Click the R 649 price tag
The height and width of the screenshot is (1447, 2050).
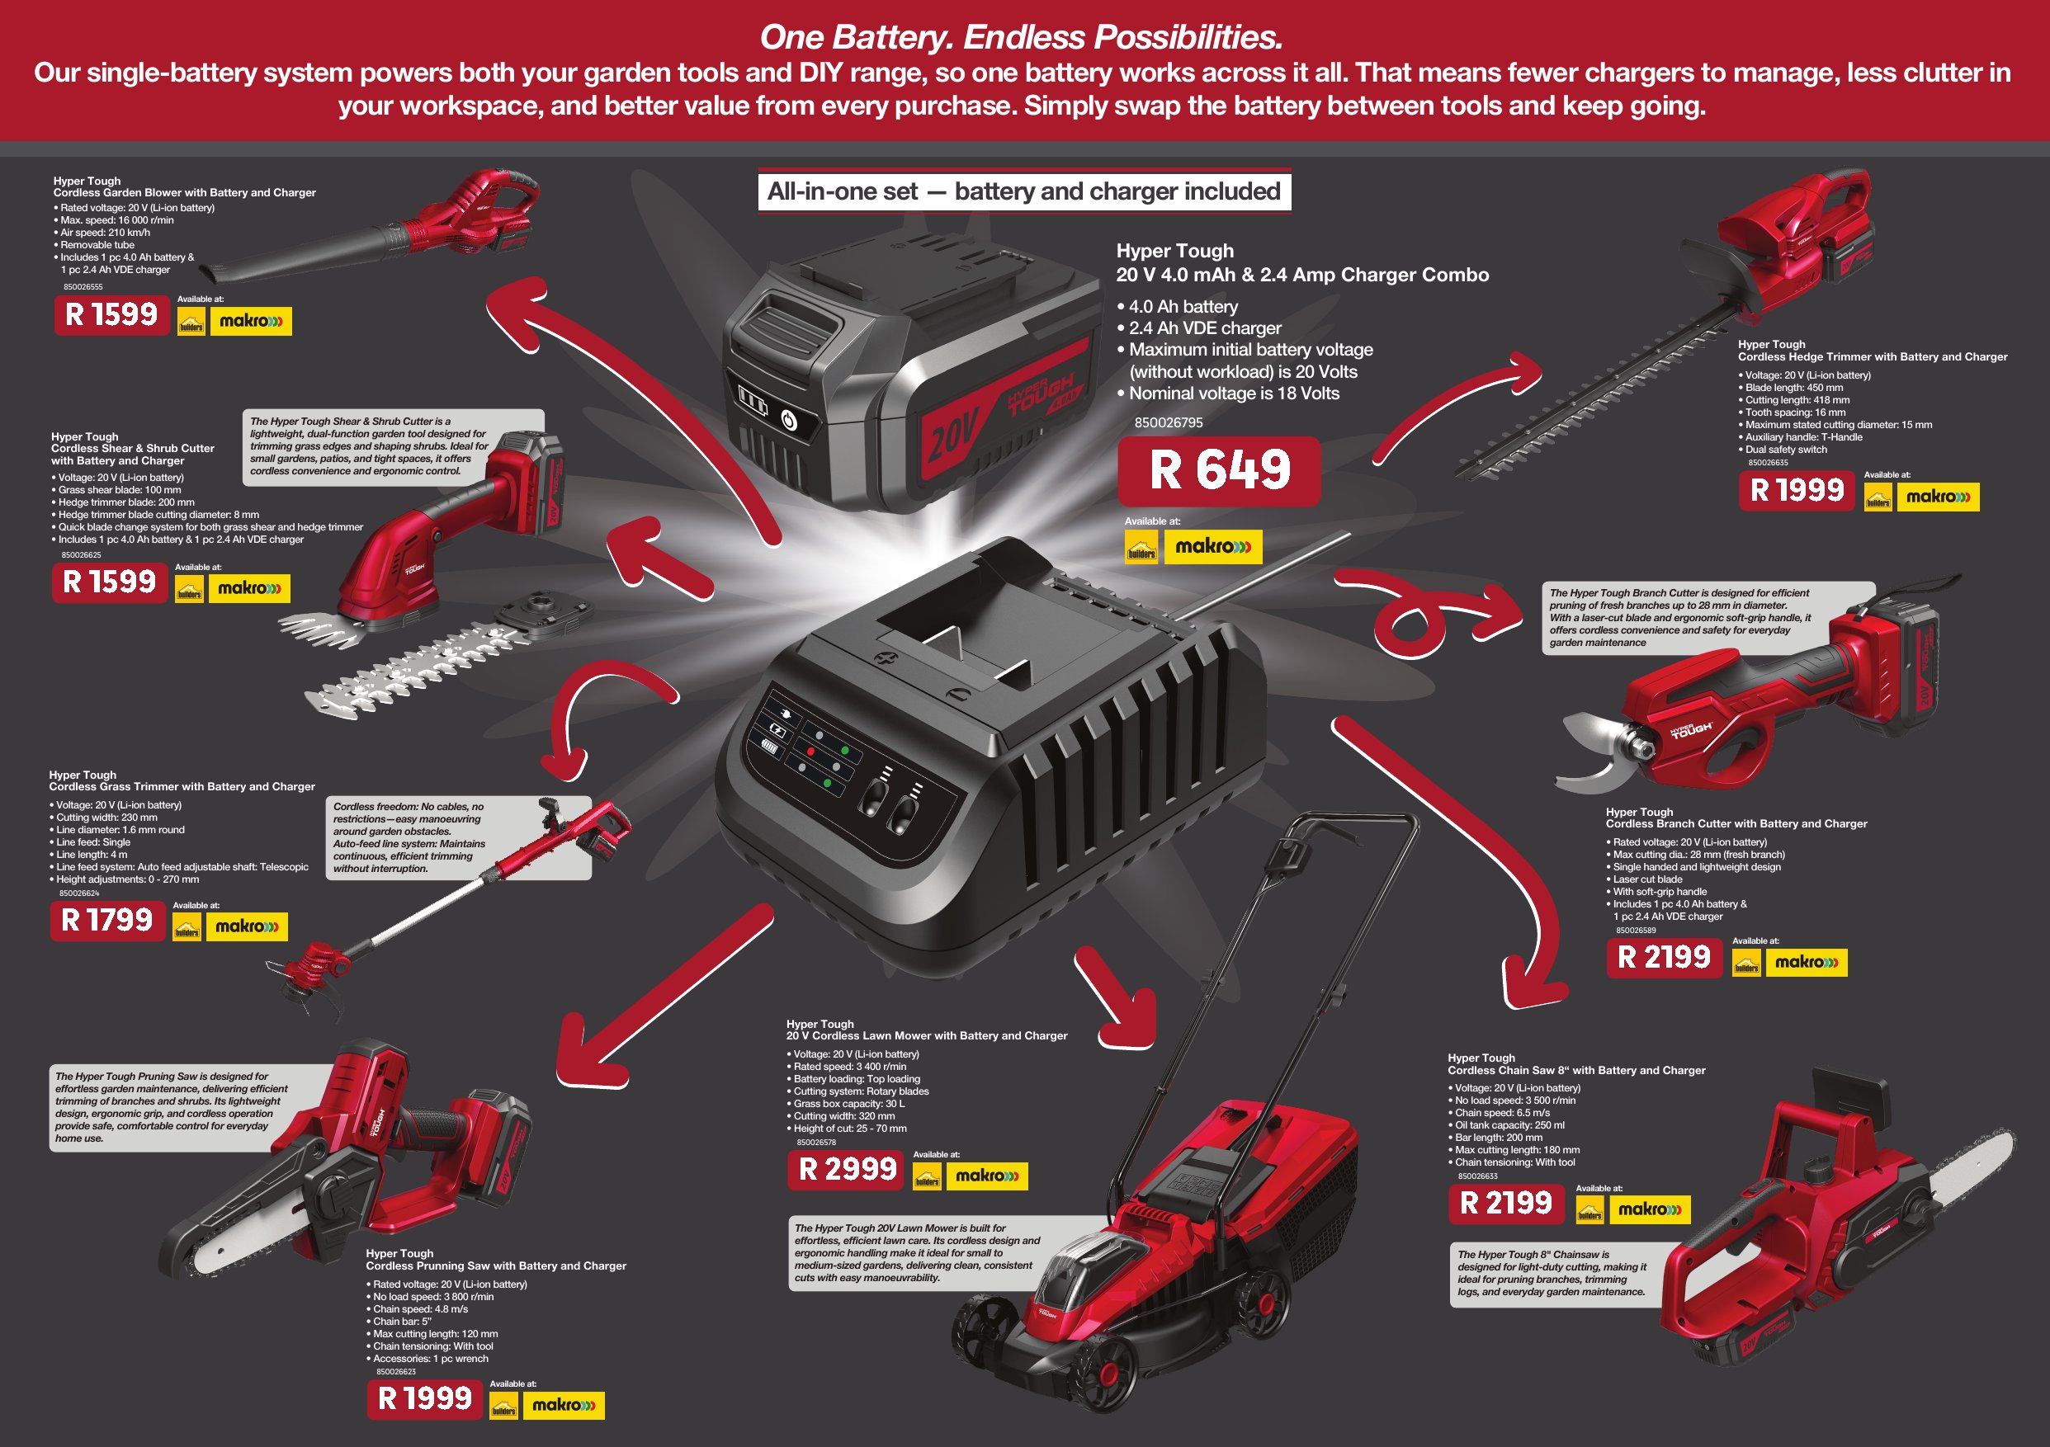[x=1219, y=470]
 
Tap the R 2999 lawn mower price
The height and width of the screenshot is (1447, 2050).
[x=846, y=1169]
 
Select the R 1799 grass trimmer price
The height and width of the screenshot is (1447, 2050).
[x=107, y=921]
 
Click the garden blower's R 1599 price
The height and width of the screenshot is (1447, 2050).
[x=111, y=314]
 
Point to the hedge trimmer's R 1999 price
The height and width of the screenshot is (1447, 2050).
[x=1797, y=490]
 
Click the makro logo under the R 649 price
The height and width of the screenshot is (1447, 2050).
[x=1212, y=546]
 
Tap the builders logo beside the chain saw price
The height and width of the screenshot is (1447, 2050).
[x=1589, y=1210]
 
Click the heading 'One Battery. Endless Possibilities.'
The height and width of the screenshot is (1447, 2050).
[x=1022, y=37]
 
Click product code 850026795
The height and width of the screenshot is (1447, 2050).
[x=1168, y=422]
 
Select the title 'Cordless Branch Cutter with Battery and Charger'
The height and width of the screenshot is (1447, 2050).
[x=1736, y=824]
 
